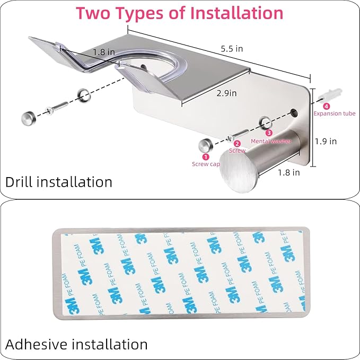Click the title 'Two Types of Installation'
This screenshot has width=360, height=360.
pos(180,13)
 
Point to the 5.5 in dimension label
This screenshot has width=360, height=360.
pos(232,49)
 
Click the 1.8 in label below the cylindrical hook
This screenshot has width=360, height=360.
pos(288,172)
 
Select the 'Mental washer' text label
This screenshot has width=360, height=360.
pos(271,141)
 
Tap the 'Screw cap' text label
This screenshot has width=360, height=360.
pos(206,164)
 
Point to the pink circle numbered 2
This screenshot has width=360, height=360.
pos(237,143)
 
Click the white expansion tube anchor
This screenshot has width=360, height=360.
pos(326,95)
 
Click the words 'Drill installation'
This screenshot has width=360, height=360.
pos(59,182)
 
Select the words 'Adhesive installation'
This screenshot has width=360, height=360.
pos(76,344)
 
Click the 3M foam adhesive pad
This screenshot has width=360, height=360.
pos(180,273)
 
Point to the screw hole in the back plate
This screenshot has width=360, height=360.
pos(293,112)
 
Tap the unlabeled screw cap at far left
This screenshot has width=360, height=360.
pos(28,117)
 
